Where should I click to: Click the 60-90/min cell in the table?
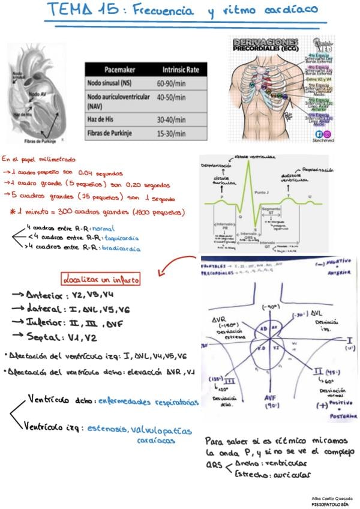coord(169,83)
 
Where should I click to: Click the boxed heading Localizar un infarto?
coord(100,279)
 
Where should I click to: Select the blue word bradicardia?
coord(122,248)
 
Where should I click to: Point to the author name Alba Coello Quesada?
coord(332,498)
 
